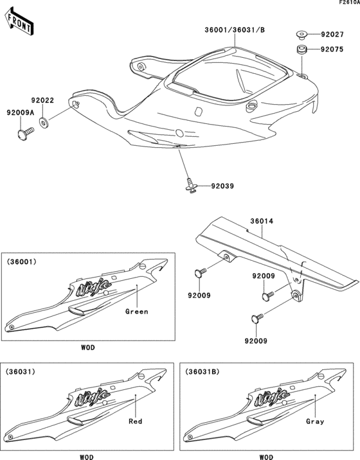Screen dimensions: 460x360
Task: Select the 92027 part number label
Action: pos(332,35)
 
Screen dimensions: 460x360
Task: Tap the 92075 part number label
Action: pos(332,49)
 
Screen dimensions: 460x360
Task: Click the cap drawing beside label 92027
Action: pos(300,35)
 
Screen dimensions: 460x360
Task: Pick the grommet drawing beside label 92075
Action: pos(300,49)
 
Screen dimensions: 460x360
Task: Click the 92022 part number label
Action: pos(42,100)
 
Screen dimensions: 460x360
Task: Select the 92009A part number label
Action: pos(19,112)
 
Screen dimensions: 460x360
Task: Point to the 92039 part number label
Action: pos(222,186)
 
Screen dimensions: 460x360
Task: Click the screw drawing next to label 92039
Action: pos(191,186)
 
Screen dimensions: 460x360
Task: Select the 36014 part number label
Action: pos(260,221)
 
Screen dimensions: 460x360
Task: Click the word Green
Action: pos(136,312)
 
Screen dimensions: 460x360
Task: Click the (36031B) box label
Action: pos(201,372)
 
